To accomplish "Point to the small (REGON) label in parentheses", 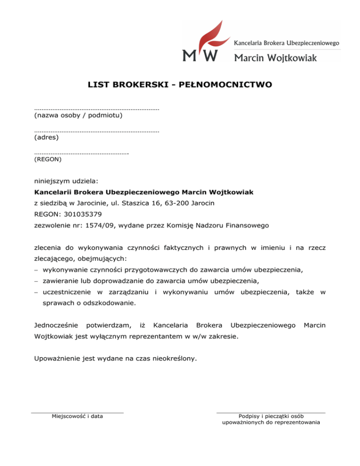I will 48,159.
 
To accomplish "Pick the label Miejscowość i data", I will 77,416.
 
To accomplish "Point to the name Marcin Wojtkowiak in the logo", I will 275,57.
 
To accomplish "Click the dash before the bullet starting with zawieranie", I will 37,282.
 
